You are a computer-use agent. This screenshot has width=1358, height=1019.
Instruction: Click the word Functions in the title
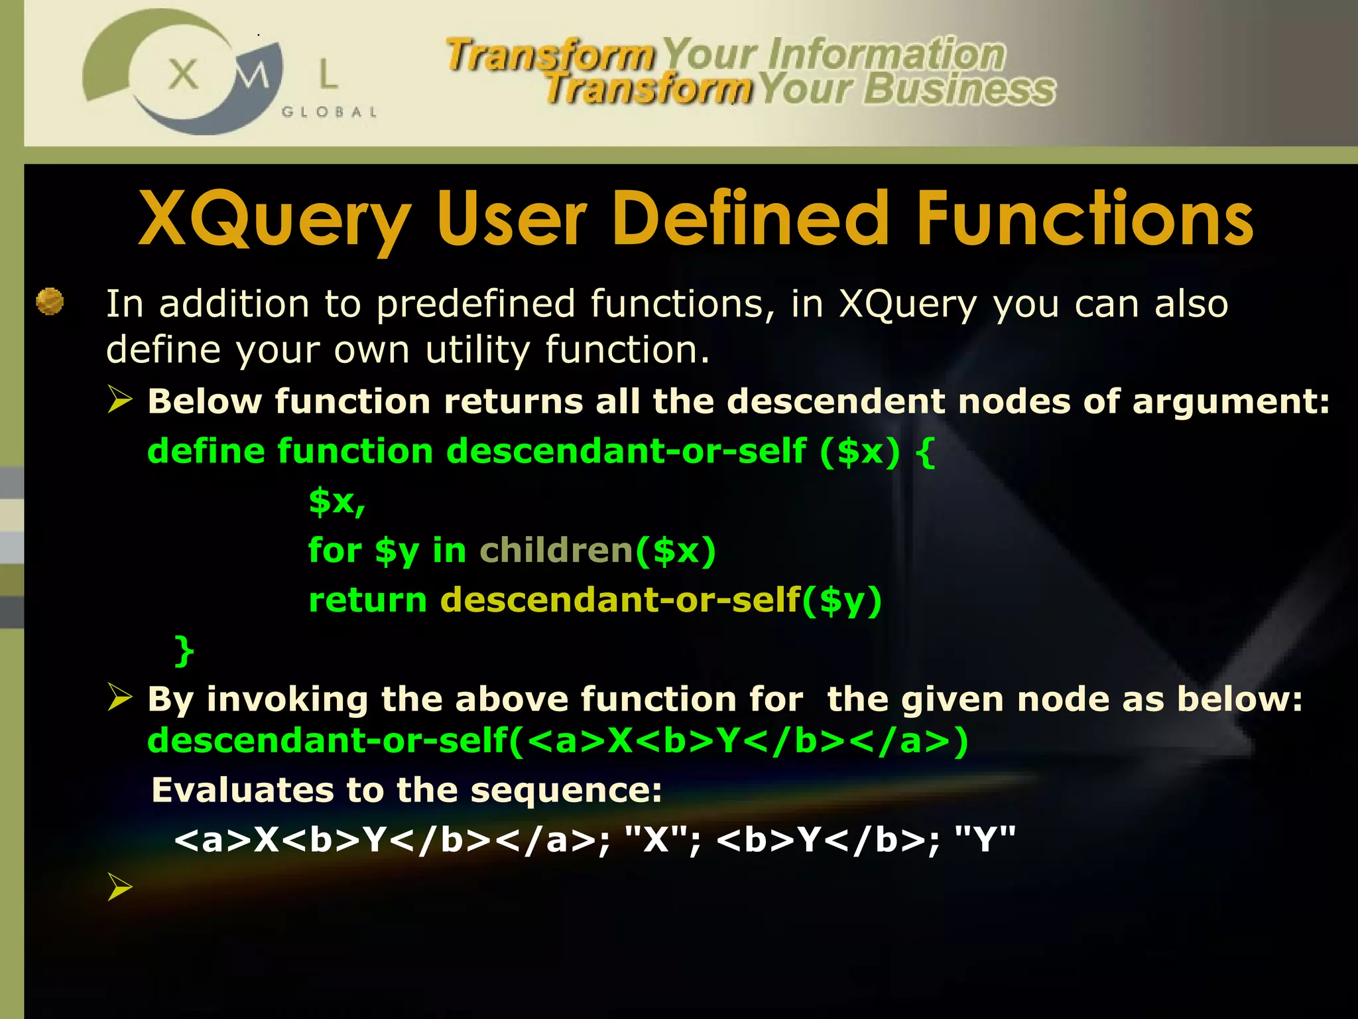coord(1085,219)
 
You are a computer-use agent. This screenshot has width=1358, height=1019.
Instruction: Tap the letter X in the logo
coord(183,74)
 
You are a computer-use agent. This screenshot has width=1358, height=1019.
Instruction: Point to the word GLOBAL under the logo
coord(330,112)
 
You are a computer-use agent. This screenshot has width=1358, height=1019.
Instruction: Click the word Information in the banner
coord(887,54)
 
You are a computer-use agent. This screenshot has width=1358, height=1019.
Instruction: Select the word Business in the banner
coord(959,90)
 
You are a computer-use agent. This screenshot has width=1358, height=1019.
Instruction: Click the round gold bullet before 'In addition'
coord(50,301)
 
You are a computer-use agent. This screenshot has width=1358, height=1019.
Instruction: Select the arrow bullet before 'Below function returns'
coord(120,400)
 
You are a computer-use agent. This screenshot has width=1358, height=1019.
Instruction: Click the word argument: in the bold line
coord(1231,402)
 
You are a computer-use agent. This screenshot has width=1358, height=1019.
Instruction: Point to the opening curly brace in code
coord(926,452)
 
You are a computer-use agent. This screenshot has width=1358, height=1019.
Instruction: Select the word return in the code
coord(367,600)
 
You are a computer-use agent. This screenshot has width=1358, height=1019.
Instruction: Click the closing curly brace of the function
coord(184,649)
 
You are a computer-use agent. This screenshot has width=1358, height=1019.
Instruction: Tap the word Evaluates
coord(241,790)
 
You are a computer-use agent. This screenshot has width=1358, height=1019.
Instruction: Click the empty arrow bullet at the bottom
coord(120,887)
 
